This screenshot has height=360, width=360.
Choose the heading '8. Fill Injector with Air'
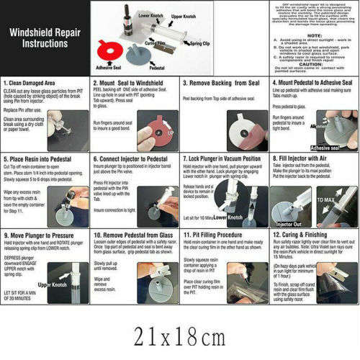click(x=302, y=158)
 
